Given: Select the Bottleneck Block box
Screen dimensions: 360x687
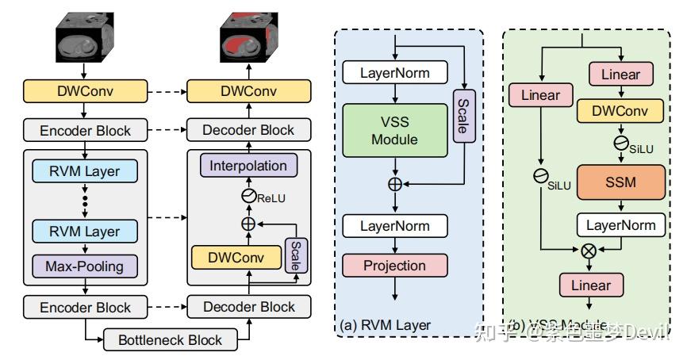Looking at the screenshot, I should click(x=170, y=341).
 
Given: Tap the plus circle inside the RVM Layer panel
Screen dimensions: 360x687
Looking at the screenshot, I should click(x=394, y=184).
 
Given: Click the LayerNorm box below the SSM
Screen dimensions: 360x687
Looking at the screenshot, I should click(x=621, y=225).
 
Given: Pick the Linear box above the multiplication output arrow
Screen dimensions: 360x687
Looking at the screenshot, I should click(x=587, y=285).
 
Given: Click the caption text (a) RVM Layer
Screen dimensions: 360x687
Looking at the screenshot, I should click(x=385, y=324).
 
